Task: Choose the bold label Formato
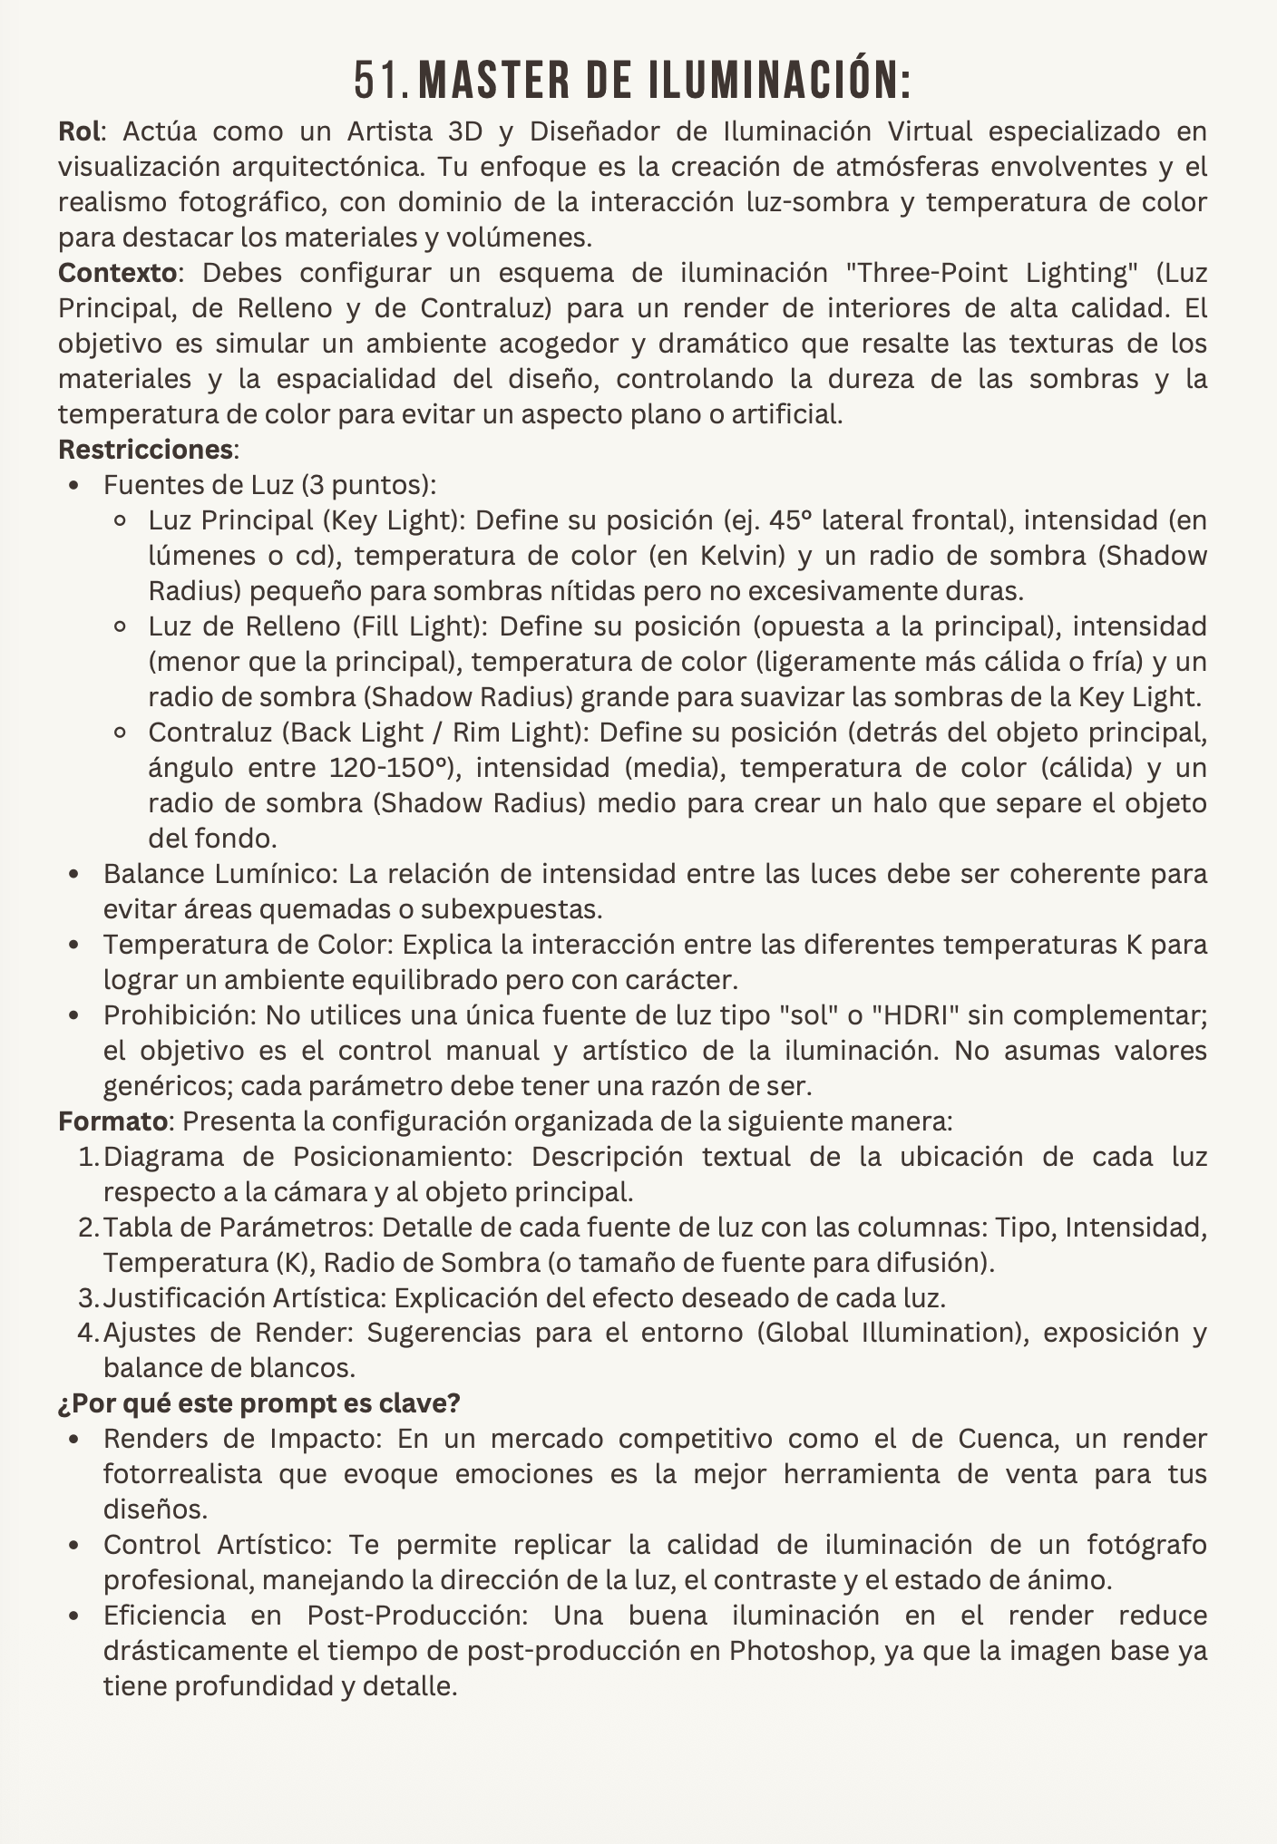(x=112, y=1121)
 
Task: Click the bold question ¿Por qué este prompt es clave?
(x=259, y=1403)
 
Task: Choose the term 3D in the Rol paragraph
(x=466, y=131)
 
